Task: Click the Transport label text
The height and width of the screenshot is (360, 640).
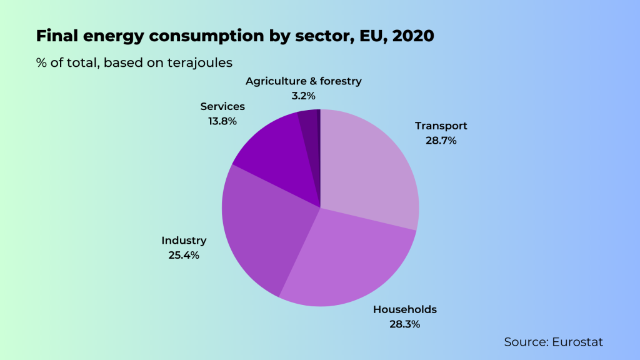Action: click(441, 126)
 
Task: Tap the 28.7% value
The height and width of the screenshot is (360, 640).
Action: click(441, 141)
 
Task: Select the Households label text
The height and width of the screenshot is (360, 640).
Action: click(405, 309)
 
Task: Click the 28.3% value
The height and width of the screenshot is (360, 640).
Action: click(405, 324)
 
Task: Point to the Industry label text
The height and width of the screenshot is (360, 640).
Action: click(184, 241)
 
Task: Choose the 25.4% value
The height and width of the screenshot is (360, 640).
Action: click(184, 255)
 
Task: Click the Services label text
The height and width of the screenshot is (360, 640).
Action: click(222, 107)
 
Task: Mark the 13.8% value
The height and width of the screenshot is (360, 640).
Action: click(222, 121)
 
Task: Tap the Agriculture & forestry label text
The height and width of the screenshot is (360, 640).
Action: click(304, 81)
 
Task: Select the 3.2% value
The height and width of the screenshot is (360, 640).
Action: click(304, 96)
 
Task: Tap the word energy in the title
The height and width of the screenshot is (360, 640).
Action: click(110, 36)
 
